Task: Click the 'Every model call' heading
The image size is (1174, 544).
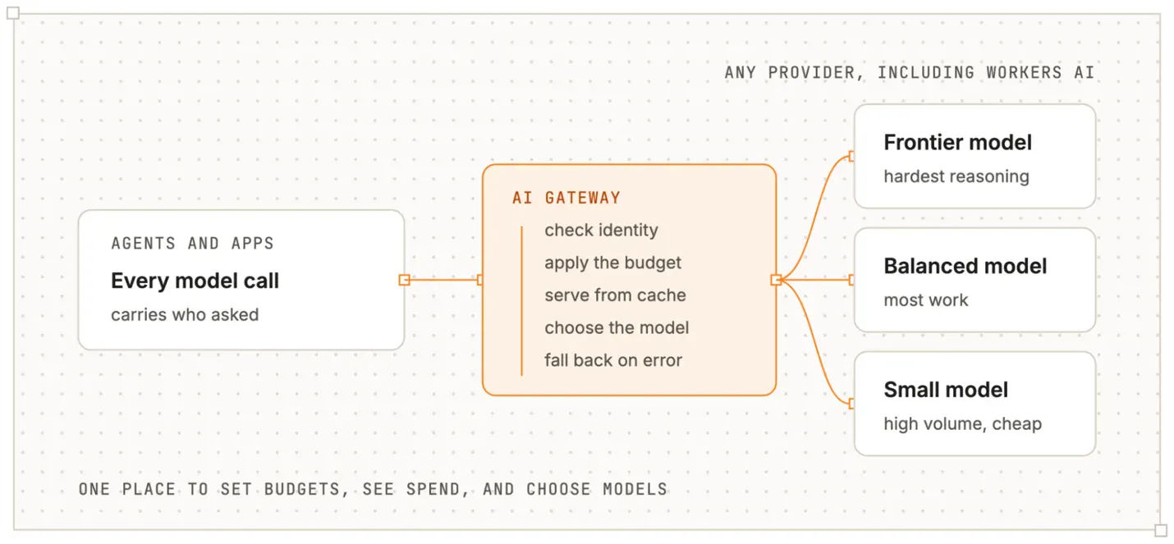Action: click(x=195, y=281)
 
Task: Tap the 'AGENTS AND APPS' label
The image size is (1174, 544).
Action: click(x=192, y=244)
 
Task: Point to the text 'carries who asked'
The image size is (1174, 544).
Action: click(x=185, y=315)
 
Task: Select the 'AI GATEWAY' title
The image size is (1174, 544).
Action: click(x=566, y=198)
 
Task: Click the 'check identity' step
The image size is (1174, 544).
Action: click(x=601, y=231)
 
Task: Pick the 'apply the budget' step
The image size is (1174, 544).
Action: click(x=612, y=263)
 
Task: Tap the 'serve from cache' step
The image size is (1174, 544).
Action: click(x=615, y=295)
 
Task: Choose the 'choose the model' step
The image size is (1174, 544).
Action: click(x=617, y=327)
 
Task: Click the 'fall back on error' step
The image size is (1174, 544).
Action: click(x=613, y=360)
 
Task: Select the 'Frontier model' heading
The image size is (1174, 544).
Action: click(x=957, y=143)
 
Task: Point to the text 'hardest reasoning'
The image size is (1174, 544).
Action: click(x=956, y=176)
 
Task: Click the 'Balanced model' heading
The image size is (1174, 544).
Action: click(x=965, y=266)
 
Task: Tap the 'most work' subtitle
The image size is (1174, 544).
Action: click(x=926, y=300)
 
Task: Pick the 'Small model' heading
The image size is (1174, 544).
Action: click(x=946, y=390)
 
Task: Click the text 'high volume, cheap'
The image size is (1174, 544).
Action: click(x=963, y=423)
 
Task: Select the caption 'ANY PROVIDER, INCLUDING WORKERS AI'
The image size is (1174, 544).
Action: click(x=910, y=73)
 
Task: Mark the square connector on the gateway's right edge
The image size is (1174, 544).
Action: click(x=776, y=280)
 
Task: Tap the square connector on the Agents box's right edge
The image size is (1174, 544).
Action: click(x=404, y=280)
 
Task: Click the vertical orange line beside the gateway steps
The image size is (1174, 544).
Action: click(x=521, y=300)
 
